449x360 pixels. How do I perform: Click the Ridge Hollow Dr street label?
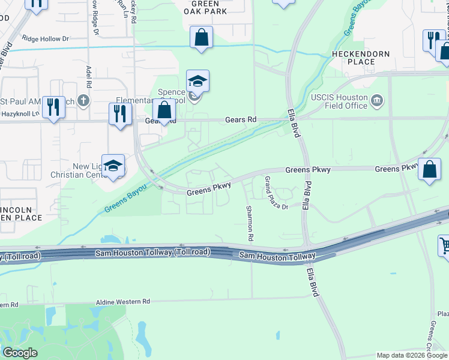click(46, 38)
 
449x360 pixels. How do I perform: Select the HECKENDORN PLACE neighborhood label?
click(361, 58)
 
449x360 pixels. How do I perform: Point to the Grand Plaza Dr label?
click(276, 193)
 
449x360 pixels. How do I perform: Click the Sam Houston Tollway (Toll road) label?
click(152, 253)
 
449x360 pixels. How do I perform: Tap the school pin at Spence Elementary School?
click(197, 81)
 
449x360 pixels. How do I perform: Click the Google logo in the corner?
click(20, 353)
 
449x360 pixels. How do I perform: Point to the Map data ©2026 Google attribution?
click(412, 355)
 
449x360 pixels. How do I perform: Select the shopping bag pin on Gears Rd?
click(164, 110)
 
